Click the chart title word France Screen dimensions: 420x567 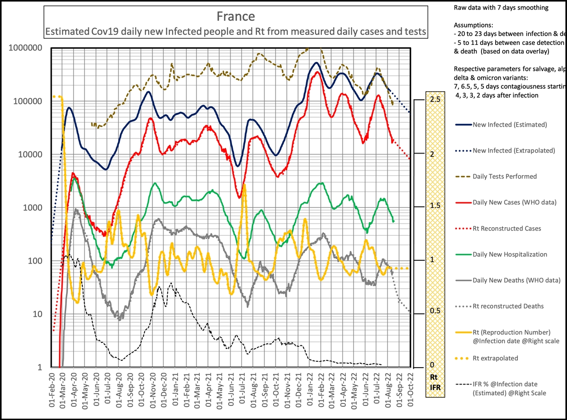(236, 17)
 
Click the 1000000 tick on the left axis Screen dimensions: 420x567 (27, 48)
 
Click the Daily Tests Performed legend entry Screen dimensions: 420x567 (505, 176)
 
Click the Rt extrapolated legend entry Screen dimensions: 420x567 (495, 358)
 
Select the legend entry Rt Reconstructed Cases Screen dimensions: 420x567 (507, 228)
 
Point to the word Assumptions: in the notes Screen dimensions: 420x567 (473, 25)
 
